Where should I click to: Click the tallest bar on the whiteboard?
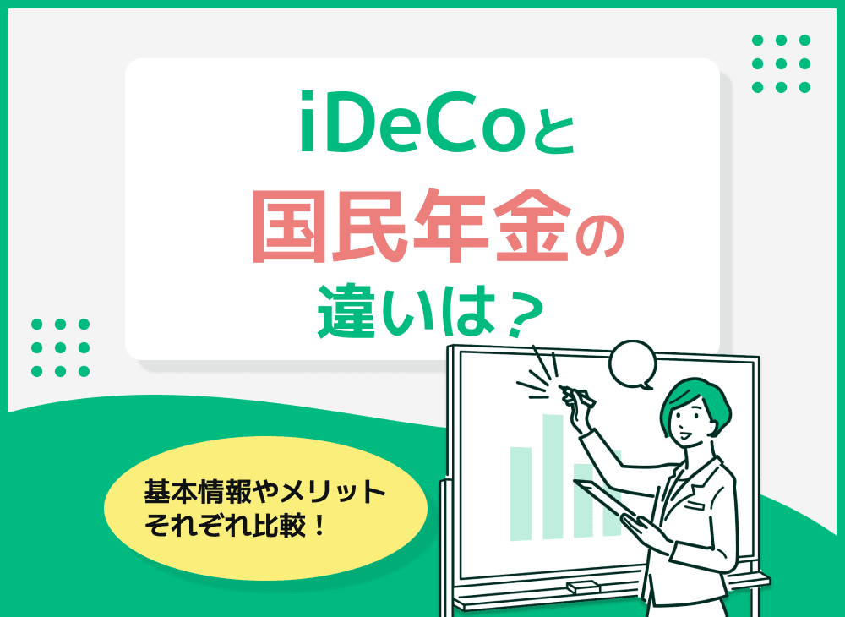(x=554, y=473)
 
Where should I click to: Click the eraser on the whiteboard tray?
(x=583, y=586)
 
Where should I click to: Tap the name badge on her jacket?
(x=695, y=505)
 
